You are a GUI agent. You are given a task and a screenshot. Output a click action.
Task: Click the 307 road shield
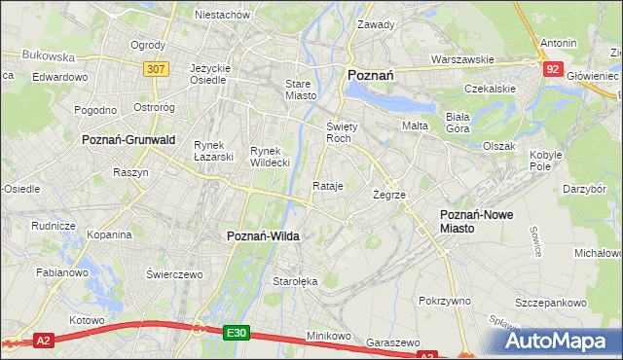pos(156,69)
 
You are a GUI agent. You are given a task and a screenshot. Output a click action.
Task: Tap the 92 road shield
pos(553,68)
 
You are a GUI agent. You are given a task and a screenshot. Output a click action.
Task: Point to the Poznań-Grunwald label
pos(128,140)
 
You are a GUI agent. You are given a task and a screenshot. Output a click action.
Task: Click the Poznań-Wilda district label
pos(263,235)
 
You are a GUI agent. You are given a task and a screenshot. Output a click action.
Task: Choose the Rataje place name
pos(328,186)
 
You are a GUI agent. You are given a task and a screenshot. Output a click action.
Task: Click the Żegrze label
pos(389,195)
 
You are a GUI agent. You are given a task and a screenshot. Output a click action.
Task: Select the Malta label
pos(415,126)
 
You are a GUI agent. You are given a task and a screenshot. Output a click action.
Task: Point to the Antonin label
pos(559,43)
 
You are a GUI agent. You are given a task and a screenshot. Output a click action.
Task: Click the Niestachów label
pos(223,16)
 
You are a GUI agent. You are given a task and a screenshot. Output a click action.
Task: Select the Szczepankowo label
pos(557,303)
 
